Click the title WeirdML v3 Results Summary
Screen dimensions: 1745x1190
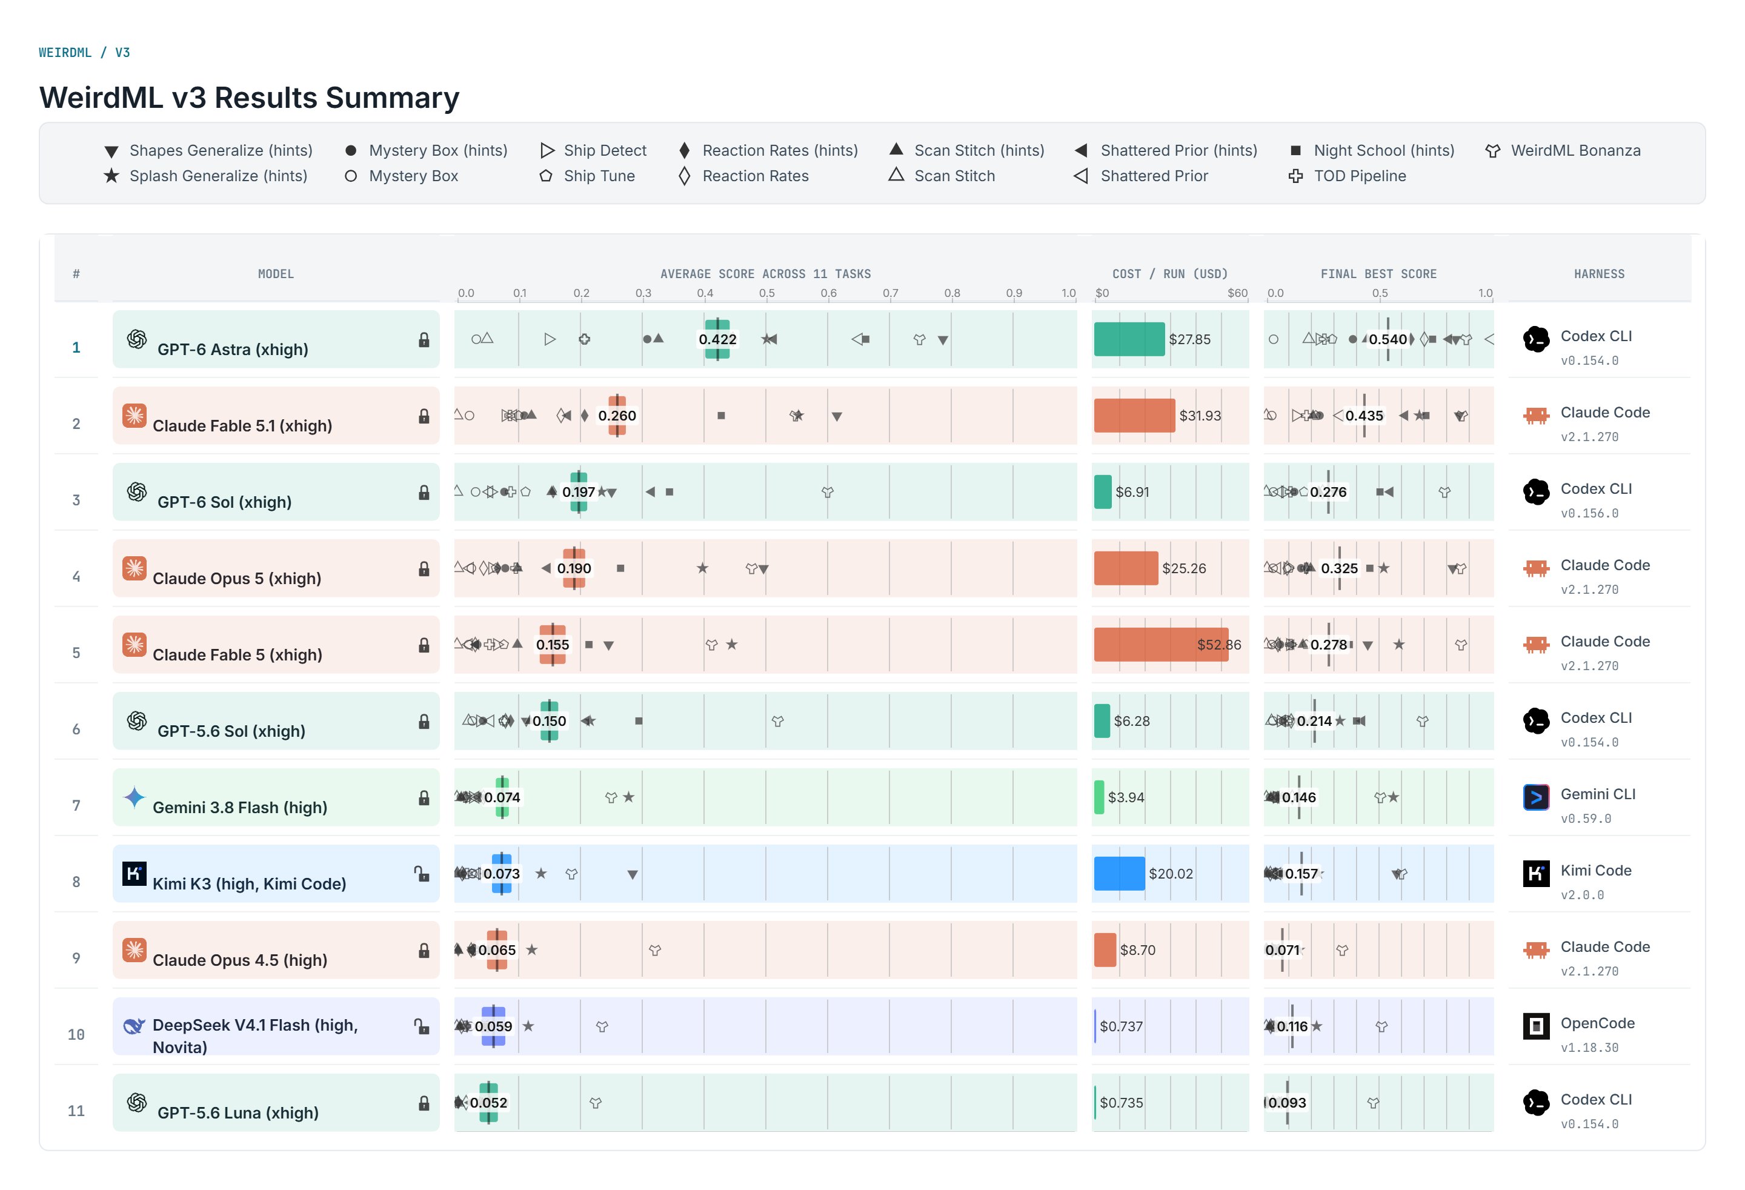[249, 98]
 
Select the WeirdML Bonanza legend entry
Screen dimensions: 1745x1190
[1563, 150]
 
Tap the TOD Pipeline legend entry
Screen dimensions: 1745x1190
[1347, 176]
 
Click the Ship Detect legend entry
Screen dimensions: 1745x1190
[593, 150]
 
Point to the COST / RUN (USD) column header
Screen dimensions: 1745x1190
[1170, 274]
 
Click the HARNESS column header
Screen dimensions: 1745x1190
[1600, 274]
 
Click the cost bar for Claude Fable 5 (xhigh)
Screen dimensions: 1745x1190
[1161, 644]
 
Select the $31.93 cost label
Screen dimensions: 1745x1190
[1200, 416]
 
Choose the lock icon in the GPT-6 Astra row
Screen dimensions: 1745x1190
[424, 340]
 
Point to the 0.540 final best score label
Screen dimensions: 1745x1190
[1388, 339]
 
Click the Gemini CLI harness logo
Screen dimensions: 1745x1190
[1536, 797]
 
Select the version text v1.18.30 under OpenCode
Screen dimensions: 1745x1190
[1589, 1048]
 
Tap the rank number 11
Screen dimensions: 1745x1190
[76, 1111]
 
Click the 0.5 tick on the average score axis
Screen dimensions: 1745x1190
[766, 293]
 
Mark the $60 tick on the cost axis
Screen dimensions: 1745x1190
[1237, 293]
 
